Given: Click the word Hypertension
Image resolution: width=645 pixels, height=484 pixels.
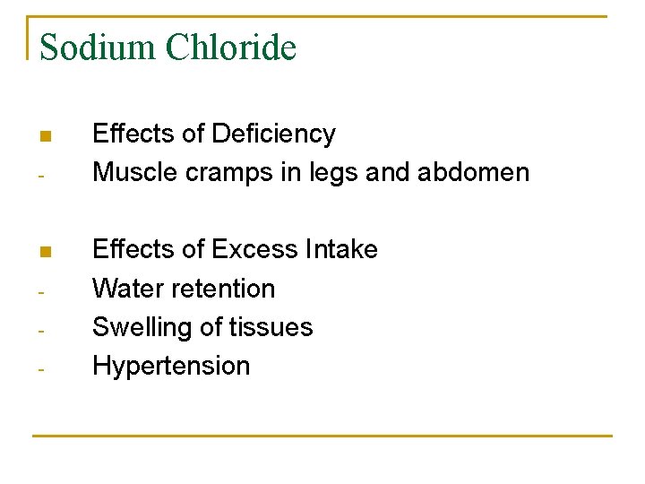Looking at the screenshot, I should pos(171,367).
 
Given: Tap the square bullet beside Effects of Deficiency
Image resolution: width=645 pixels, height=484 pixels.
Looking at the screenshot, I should pos(45,136).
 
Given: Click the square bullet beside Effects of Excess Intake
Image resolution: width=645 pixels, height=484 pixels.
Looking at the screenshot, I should pos(45,251).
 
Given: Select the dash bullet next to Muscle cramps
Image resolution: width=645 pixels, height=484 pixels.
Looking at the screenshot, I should pos(42,175).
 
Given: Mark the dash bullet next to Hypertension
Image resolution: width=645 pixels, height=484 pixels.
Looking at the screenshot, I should pos(42,368).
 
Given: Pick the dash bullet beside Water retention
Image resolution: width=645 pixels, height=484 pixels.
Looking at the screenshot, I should pos(42,291).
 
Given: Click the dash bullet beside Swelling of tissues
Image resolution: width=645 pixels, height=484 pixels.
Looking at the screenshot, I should pos(42,330).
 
